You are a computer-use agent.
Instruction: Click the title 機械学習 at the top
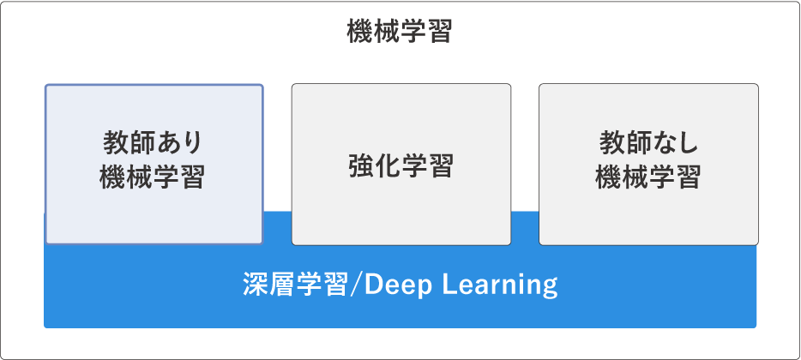(400, 32)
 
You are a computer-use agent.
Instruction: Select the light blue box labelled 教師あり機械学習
(154, 165)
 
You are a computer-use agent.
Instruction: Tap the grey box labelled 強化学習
(401, 165)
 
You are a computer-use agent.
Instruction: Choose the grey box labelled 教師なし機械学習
(648, 165)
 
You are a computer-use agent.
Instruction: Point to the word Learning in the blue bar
(499, 285)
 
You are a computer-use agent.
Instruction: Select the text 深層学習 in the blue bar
(295, 285)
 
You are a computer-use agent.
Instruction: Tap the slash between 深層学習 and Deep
(356, 285)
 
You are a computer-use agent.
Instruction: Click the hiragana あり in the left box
(178, 142)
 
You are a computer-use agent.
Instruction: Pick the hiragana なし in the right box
(675, 142)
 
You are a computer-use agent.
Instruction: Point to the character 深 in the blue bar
(256, 285)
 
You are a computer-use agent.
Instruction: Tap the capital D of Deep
(373, 285)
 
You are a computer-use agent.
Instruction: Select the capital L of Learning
(448, 285)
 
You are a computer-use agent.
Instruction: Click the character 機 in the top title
(359, 32)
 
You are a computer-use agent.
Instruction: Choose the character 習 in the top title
(440, 32)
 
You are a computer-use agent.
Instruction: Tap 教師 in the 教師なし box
(624, 142)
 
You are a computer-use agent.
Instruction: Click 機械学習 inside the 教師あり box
(153, 177)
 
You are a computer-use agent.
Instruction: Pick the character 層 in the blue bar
(282, 285)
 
